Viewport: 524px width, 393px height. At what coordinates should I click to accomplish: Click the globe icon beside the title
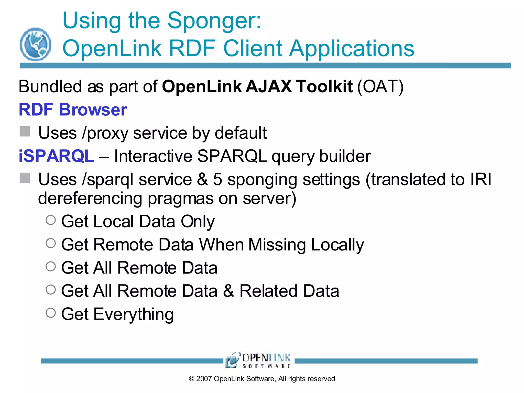[35, 44]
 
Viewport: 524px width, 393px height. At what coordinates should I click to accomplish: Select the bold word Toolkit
[325, 86]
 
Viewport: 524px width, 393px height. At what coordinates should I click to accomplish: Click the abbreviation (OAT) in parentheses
[380, 86]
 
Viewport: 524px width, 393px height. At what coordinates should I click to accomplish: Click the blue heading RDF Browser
[73, 110]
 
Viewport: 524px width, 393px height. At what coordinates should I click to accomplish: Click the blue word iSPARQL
[56, 156]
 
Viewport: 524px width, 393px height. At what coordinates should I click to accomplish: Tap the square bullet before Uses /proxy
[25, 132]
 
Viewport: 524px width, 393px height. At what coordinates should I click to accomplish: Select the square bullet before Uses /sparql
[25, 178]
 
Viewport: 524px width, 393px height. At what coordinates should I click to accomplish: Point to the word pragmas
[180, 199]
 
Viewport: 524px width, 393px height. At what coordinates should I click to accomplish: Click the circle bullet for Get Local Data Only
[51, 220]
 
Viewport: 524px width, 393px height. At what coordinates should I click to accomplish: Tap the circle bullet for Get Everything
[51, 313]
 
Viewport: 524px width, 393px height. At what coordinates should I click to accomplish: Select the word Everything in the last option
[134, 314]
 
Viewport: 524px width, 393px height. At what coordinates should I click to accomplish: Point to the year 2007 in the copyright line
[204, 379]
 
